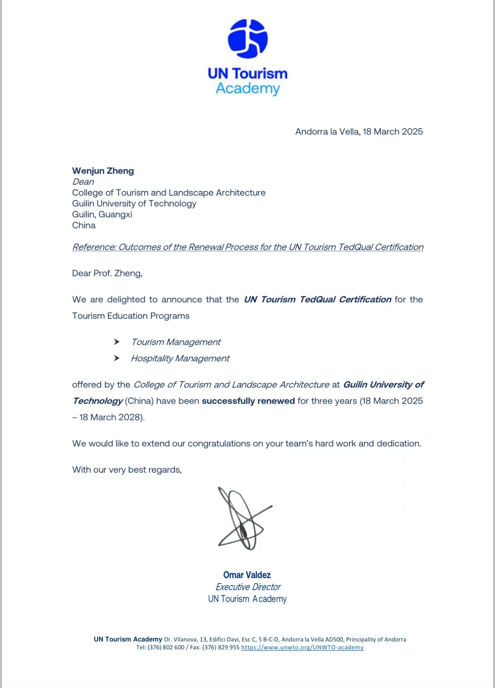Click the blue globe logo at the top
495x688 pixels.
247,39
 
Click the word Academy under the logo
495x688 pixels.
247,88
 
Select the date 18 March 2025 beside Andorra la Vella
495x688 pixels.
392,132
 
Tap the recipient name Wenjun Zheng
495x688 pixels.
103,171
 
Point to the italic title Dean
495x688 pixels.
83,182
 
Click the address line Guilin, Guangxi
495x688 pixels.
102,215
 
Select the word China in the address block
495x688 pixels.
84,226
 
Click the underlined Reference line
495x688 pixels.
247,247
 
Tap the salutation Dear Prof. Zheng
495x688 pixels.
107,273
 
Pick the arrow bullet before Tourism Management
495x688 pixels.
117,342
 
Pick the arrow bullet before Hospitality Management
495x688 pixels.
117,358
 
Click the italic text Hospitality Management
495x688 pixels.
180,358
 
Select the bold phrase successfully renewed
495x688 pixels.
248,401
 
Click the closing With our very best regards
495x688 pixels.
126,470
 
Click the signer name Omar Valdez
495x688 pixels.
247,575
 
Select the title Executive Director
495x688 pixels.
248,587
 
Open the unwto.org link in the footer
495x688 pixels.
302,648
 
